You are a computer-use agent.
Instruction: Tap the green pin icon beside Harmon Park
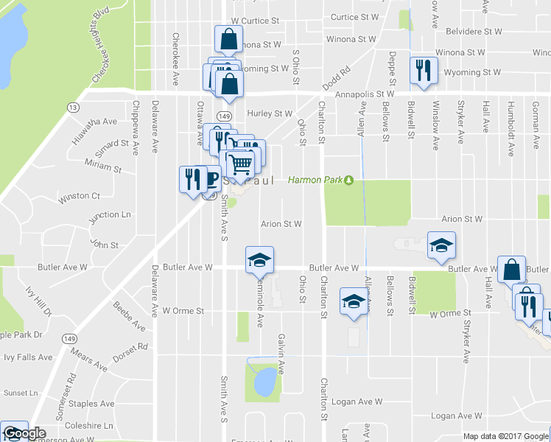(x=349, y=180)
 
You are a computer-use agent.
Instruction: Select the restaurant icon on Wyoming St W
(x=424, y=71)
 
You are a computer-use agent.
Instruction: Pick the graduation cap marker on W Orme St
(x=354, y=301)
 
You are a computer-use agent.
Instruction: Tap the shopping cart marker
(x=240, y=164)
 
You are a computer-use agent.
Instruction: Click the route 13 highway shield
(x=73, y=108)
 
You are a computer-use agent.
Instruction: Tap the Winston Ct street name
(x=79, y=197)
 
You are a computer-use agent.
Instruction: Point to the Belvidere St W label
(x=467, y=32)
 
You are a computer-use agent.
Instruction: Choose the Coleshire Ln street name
(x=89, y=425)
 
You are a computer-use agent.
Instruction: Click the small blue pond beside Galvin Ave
(x=264, y=382)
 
